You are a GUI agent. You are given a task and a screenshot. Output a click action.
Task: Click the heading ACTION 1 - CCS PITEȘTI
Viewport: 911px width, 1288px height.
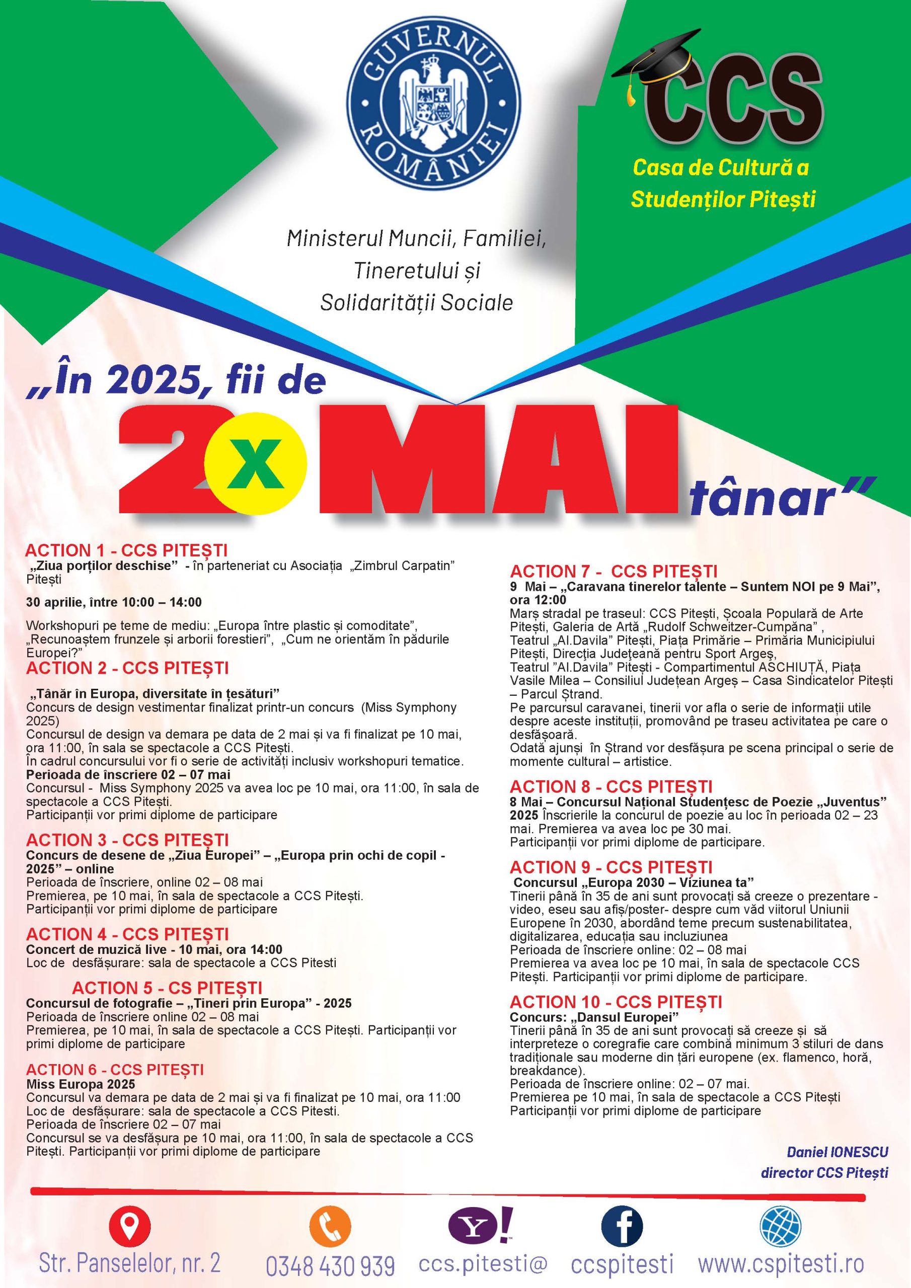point(126,550)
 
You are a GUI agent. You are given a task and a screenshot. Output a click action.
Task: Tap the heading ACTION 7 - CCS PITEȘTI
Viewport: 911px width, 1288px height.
point(614,572)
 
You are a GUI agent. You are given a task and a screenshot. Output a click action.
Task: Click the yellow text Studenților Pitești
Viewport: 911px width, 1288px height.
point(723,199)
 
